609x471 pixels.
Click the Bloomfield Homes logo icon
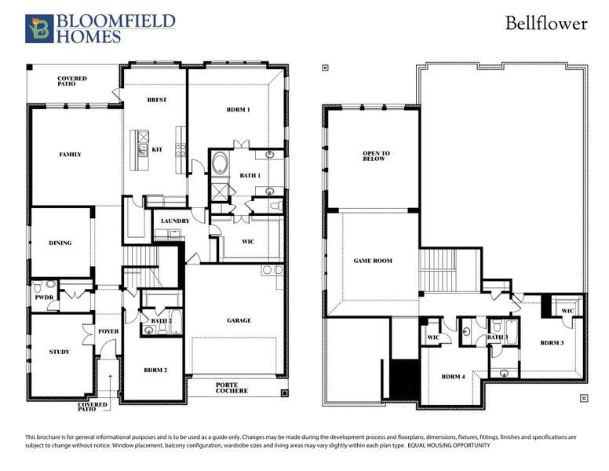(x=38, y=28)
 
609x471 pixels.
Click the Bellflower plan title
(x=546, y=24)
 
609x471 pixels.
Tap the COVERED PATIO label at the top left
(x=72, y=82)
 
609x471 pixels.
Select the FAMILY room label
(x=71, y=155)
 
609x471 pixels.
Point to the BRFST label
(x=157, y=100)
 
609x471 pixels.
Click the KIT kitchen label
(x=157, y=149)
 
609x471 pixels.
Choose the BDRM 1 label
(x=237, y=110)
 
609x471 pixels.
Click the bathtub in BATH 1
(x=221, y=166)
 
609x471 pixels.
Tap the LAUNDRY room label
(x=175, y=221)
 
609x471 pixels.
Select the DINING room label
(x=60, y=243)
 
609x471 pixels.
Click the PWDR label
(x=43, y=298)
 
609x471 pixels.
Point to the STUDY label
(x=59, y=352)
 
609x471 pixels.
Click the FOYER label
(x=108, y=331)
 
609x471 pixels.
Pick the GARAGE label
(x=239, y=320)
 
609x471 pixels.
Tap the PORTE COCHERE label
(x=232, y=388)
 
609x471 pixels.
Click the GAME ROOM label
(x=373, y=261)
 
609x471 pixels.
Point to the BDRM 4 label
(x=453, y=377)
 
